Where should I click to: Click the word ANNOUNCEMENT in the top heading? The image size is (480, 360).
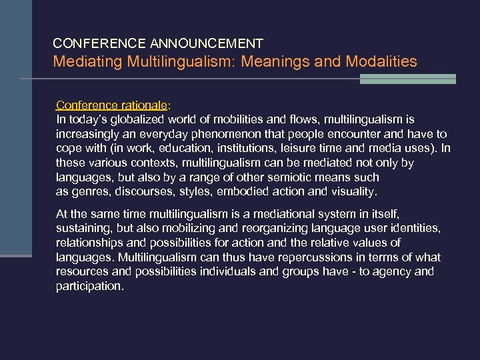tap(207, 44)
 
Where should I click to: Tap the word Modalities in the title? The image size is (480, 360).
tap(381, 62)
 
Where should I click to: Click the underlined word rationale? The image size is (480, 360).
tap(141, 105)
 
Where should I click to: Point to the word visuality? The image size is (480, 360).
tap(353, 192)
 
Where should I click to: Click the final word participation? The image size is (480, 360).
tap(89, 286)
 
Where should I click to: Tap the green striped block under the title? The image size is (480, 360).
tap(407, 79)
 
